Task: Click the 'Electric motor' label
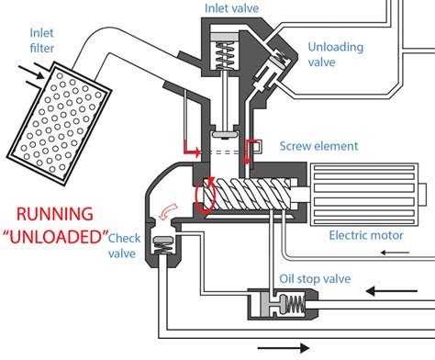tap(366, 234)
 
